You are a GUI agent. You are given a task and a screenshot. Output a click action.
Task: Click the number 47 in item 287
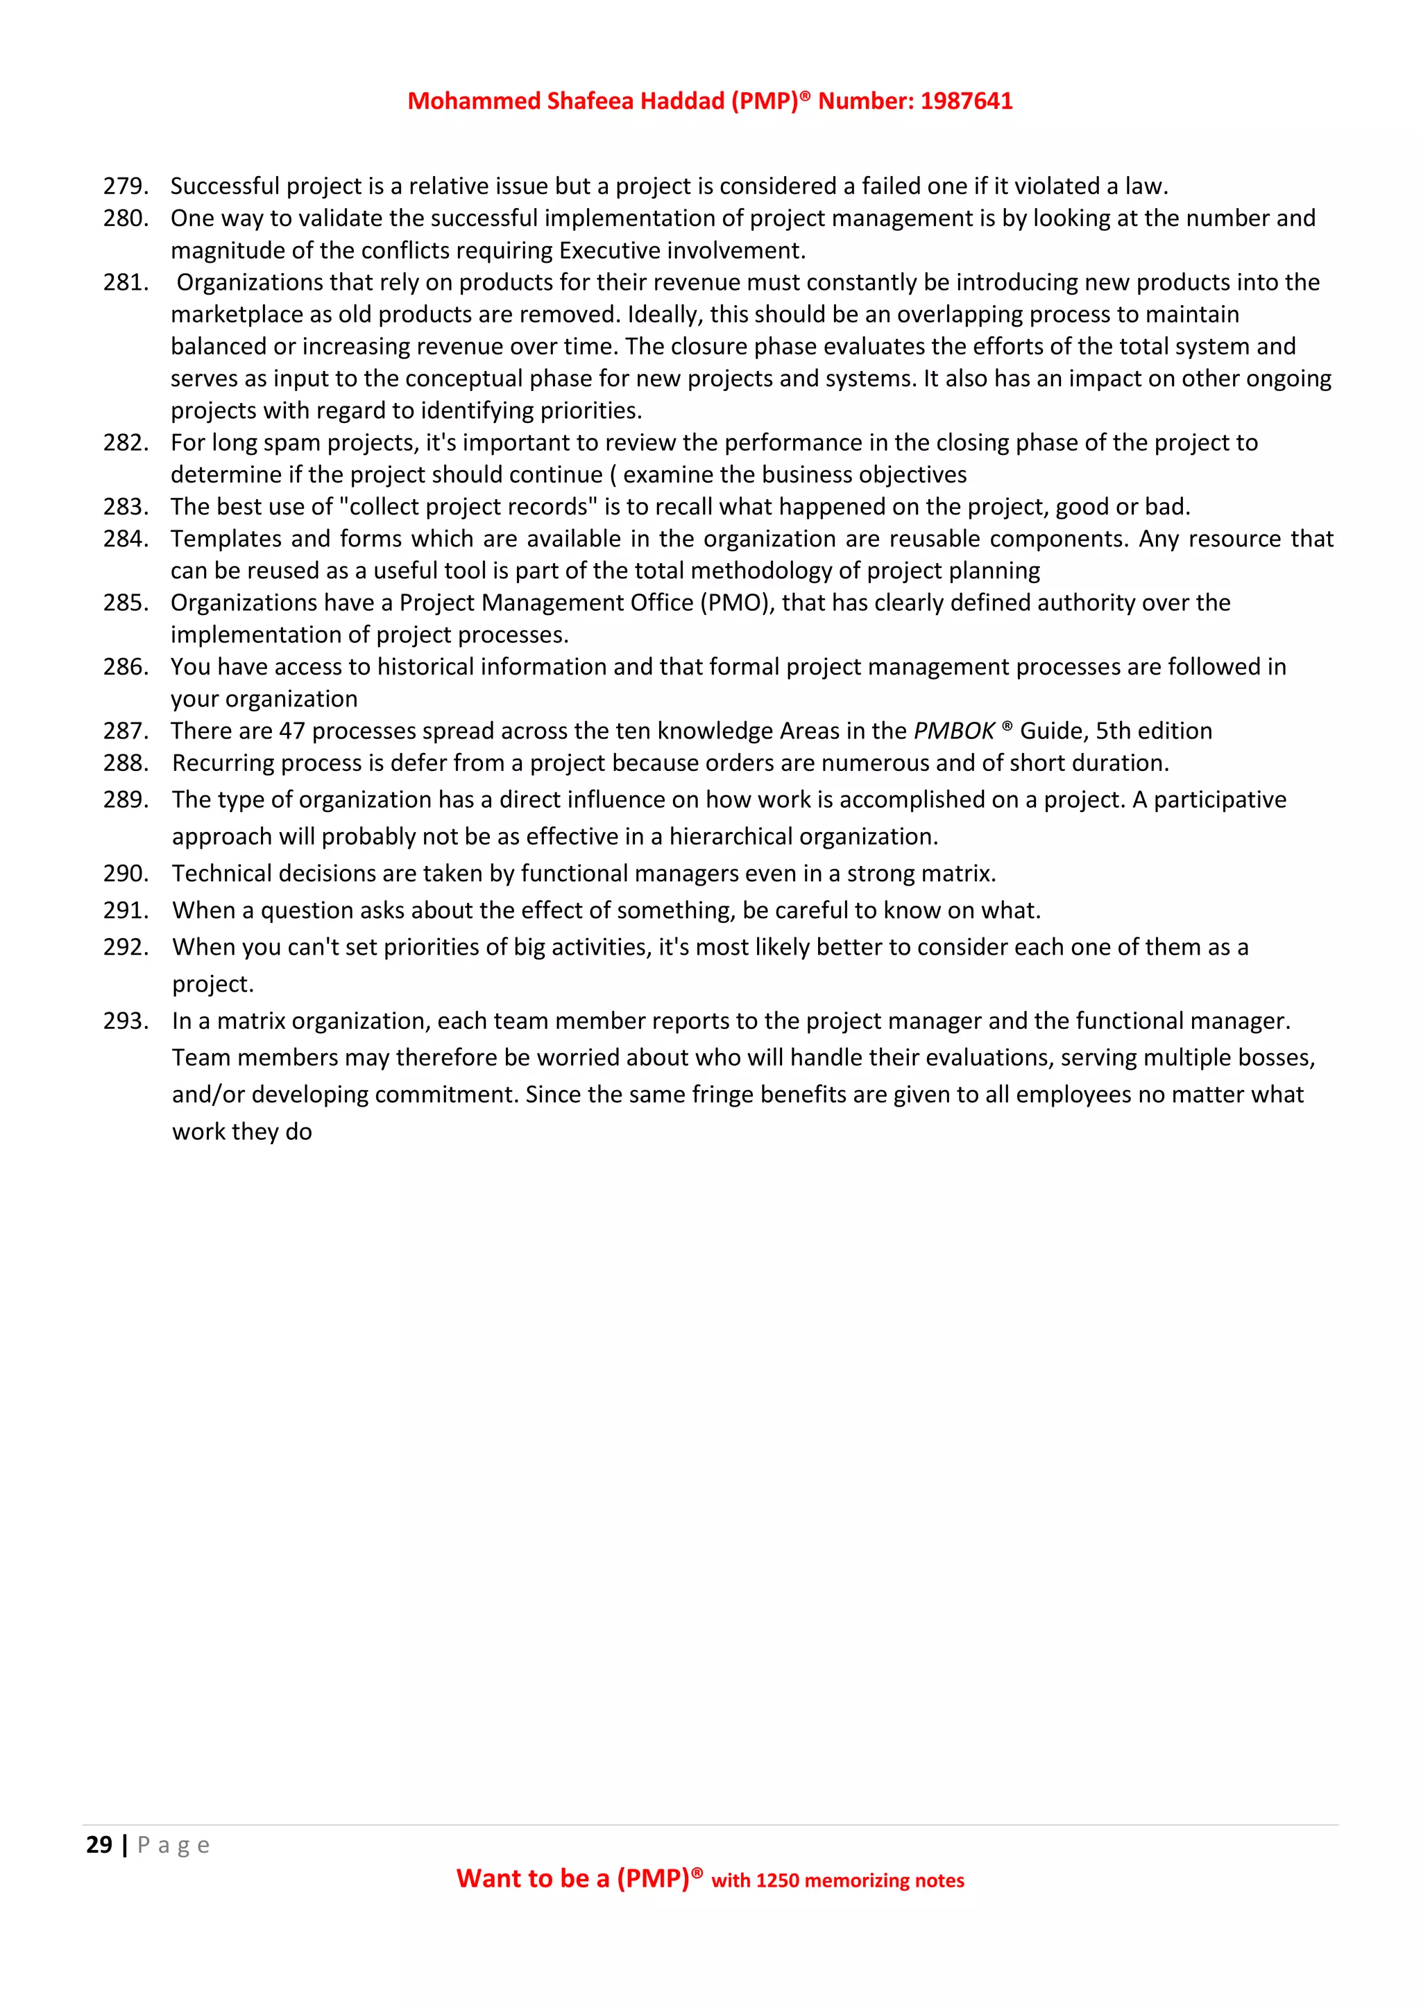click(291, 731)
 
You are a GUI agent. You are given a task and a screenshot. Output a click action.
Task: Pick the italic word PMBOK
click(953, 731)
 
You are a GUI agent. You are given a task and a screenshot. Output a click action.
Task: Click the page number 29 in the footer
click(99, 1844)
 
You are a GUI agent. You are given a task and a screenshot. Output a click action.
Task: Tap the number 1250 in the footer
click(777, 1880)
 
